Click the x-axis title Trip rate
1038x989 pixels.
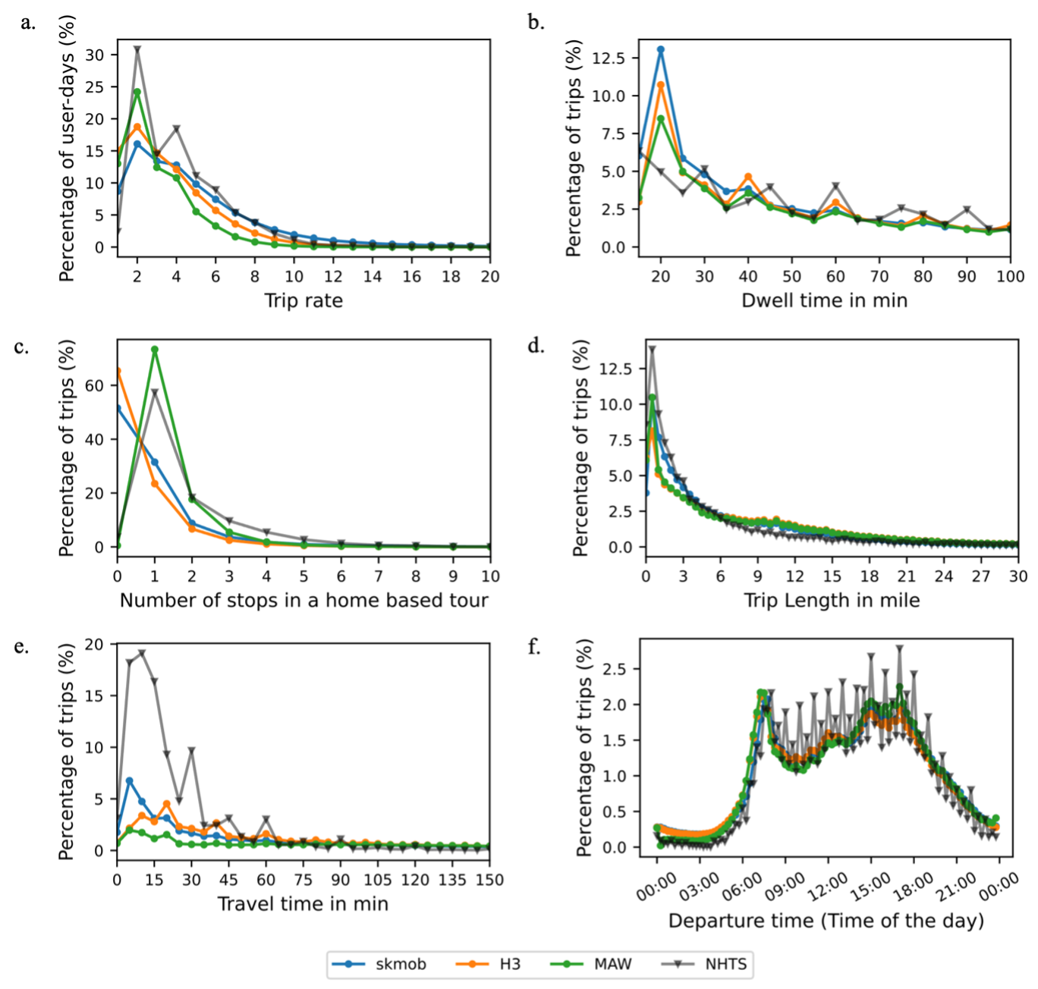click(304, 301)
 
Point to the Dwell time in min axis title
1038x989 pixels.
click(824, 301)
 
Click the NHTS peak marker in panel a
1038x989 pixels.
click(137, 49)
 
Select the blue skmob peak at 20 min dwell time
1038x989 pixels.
click(661, 50)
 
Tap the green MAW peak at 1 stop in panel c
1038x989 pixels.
click(155, 350)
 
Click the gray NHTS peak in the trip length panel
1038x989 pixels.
click(652, 350)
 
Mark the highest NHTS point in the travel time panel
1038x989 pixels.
click(142, 653)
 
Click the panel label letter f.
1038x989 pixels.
click(535, 647)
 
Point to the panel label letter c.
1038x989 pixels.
click(22, 347)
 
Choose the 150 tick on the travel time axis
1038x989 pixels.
click(489, 880)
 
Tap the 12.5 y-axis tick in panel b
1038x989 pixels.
click(608, 58)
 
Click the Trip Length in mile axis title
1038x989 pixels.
click(832, 601)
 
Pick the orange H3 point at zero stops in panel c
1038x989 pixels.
click(118, 371)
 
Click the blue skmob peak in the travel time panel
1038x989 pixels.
click(130, 780)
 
